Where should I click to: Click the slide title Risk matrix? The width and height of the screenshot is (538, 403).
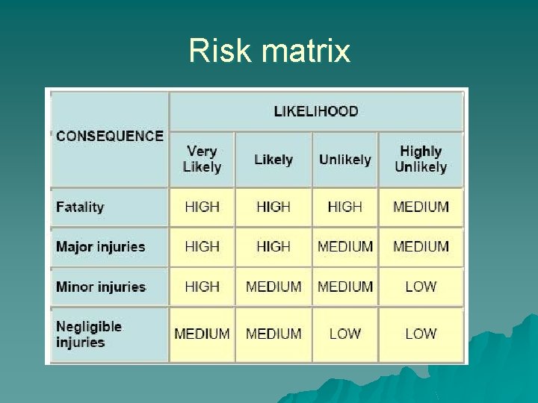tap(269, 51)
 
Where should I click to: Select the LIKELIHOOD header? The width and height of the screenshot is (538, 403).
tap(316, 111)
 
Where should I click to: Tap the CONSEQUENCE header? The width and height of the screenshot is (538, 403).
tap(109, 136)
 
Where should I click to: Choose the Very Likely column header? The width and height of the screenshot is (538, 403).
tap(202, 159)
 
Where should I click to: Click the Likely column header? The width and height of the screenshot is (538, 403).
tap(273, 160)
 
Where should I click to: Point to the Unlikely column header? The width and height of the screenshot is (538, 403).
tap(344, 160)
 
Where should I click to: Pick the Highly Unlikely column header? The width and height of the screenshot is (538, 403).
tap(421, 159)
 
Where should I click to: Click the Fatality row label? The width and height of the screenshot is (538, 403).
tap(81, 207)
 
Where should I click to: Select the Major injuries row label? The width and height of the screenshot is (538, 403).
tap(101, 247)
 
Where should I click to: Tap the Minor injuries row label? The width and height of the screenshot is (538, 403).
tap(101, 287)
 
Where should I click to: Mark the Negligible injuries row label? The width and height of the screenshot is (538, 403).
tap(88, 334)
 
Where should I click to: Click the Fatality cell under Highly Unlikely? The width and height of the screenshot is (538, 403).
tap(421, 207)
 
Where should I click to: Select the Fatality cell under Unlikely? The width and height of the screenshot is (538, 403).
tap(344, 207)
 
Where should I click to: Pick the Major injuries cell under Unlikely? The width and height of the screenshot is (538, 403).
tap(344, 247)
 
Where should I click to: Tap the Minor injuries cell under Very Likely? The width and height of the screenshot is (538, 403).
tap(202, 287)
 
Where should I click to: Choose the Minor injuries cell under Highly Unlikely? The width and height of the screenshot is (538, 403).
tap(421, 287)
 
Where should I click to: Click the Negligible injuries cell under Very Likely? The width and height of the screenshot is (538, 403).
tap(202, 334)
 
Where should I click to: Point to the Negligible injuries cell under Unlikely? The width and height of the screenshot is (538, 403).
tap(344, 334)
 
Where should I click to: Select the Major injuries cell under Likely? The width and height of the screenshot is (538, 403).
tap(273, 247)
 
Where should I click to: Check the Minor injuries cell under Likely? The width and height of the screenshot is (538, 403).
tap(273, 287)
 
